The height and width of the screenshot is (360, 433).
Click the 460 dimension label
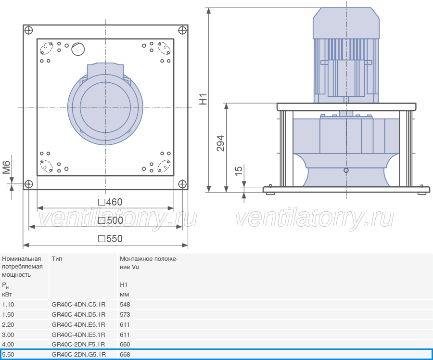pos(110,202)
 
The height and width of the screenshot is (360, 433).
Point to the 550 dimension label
pos(110,239)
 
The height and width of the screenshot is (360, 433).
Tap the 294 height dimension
pos(221,143)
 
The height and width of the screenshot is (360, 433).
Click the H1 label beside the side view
pos(203,99)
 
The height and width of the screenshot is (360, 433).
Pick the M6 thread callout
pos(7,167)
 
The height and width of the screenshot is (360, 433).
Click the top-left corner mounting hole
pos(29,30)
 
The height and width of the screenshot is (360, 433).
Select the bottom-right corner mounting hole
pos(182,184)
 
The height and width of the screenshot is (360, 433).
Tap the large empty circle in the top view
pos(78,49)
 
